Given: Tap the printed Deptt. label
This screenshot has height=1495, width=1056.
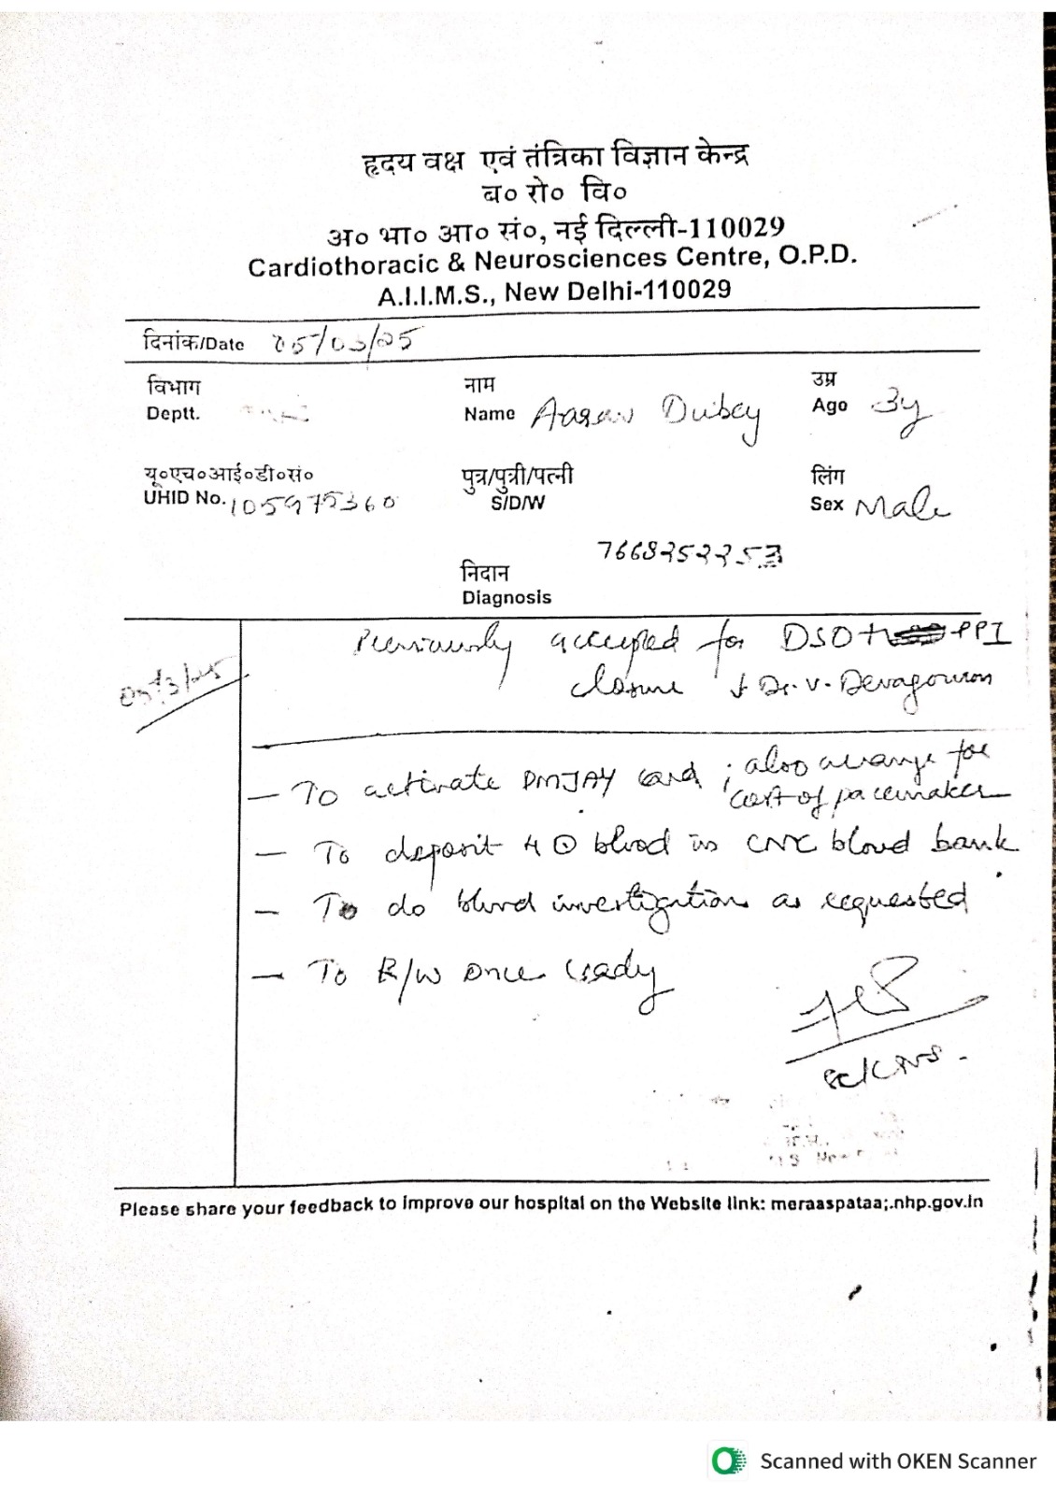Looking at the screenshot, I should (173, 414).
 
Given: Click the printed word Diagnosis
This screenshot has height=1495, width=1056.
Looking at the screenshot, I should (507, 597).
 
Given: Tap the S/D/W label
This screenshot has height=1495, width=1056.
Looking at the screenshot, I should (518, 503).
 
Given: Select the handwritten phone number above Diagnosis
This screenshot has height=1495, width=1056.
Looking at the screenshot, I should (690, 554).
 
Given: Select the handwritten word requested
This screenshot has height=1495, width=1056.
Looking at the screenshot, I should (895, 900).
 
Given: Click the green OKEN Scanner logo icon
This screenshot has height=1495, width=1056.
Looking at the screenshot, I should (728, 1461).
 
